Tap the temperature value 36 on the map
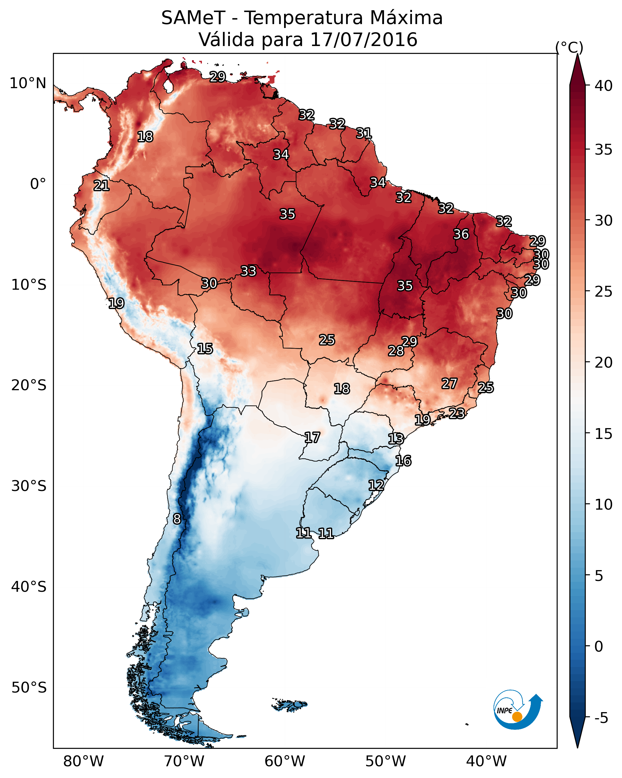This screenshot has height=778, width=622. tap(461, 234)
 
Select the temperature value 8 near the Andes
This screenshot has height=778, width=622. tap(177, 519)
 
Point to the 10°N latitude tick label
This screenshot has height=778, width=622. tap(28, 83)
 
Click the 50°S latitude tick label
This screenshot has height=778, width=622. tap(29, 688)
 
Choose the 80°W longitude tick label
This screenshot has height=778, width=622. tap(83, 761)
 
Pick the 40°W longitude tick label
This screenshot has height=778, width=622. tap(486, 761)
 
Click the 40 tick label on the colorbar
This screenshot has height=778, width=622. tap(604, 86)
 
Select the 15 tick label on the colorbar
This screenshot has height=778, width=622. tap(604, 434)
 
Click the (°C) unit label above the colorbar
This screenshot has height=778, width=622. tap(569, 47)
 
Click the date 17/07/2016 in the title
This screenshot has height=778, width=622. tap(364, 40)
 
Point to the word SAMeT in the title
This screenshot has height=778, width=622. tap(193, 18)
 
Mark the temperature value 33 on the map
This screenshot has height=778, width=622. tap(248, 271)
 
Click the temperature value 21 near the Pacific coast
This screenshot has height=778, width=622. tap(101, 186)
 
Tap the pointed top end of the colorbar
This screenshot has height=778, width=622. tap(577, 54)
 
